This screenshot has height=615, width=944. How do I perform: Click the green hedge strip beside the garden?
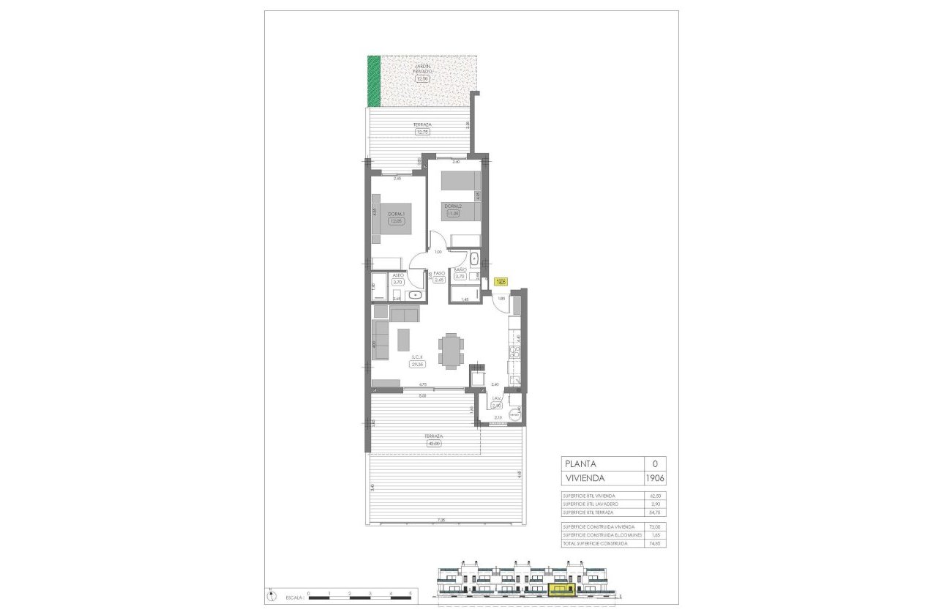[x=374, y=81]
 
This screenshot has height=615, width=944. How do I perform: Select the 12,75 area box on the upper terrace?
[x=422, y=133]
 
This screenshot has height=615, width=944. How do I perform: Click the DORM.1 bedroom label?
[x=396, y=213]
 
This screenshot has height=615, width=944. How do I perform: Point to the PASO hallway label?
[x=439, y=272]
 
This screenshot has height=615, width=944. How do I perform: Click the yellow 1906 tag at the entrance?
[x=501, y=281]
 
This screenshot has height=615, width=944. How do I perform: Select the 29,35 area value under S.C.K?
[x=418, y=364]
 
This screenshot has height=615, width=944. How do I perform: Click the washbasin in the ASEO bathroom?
[x=415, y=295]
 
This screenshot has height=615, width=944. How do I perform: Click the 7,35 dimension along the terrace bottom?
[x=441, y=521]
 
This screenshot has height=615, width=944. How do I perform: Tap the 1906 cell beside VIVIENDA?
[x=656, y=478]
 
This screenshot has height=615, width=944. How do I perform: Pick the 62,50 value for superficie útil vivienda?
[x=655, y=496]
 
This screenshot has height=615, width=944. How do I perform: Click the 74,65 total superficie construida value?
[x=655, y=543]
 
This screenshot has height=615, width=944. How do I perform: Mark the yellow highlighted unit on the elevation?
[x=562, y=589]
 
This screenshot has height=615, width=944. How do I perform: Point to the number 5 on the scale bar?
[x=411, y=593]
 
